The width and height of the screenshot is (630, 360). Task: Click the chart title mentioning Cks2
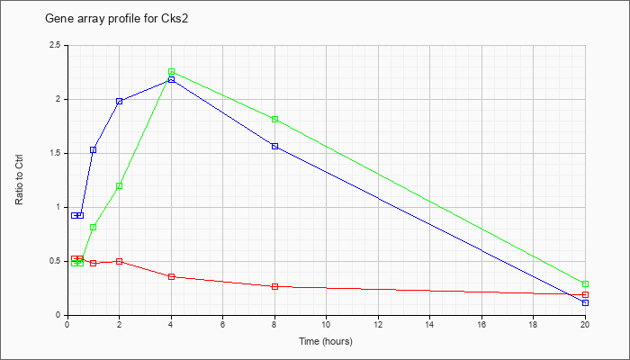[116, 19]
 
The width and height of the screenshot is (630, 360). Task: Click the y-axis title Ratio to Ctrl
[19, 180]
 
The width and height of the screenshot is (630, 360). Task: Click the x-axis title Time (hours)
[326, 341]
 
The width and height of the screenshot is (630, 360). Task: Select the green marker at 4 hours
[172, 71]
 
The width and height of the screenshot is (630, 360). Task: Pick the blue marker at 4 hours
[172, 79]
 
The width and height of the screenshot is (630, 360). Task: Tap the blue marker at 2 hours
[120, 101]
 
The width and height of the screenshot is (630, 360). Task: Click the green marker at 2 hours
[120, 186]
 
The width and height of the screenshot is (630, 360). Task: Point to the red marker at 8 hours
[274, 286]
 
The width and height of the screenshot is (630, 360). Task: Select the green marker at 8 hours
[274, 120]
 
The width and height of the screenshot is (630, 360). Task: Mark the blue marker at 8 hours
[274, 146]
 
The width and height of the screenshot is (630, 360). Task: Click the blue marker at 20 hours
[585, 303]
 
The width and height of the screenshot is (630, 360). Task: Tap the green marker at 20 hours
[585, 284]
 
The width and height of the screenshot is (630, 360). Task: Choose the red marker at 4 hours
[172, 277]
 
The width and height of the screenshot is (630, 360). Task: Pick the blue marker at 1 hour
[94, 150]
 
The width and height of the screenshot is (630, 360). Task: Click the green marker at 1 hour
[94, 228]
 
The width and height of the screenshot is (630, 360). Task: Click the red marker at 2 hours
[120, 262]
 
